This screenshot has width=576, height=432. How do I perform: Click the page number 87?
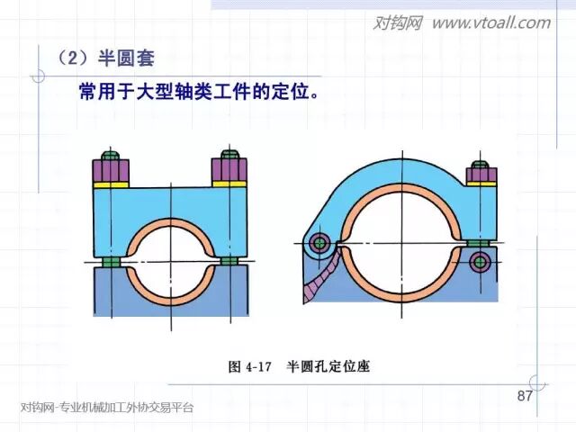(x=526, y=397)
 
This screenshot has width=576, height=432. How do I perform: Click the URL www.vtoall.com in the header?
(x=490, y=22)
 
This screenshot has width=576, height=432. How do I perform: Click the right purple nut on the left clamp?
(x=229, y=167)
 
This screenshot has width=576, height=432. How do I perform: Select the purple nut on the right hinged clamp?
(x=480, y=177)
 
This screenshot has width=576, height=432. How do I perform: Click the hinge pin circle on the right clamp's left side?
(x=319, y=244)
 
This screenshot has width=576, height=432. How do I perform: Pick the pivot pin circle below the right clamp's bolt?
(x=479, y=262)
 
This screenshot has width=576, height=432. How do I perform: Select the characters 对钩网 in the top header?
(x=397, y=22)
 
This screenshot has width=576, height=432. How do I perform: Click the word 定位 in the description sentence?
(x=273, y=93)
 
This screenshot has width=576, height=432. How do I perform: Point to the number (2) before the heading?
(x=75, y=59)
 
